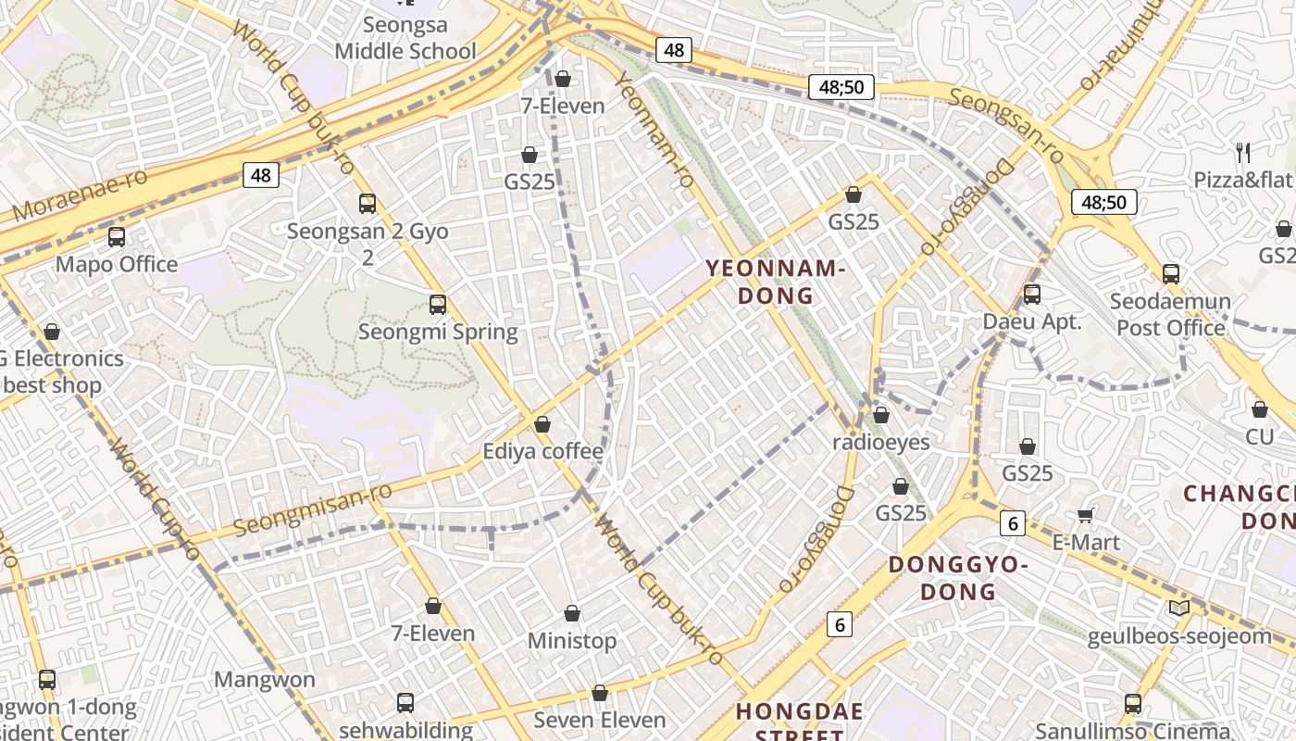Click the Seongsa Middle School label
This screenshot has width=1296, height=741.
click(x=405, y=38)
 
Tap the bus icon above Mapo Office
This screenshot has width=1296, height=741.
click(x=117, y=237)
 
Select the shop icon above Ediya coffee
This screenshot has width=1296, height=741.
click(x=542, y=425)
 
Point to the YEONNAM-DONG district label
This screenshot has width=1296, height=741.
click(x=775, y=283)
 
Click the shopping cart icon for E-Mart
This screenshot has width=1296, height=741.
click(x=1086, y=515)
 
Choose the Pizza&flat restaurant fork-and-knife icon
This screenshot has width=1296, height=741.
click(x=1243, y=152)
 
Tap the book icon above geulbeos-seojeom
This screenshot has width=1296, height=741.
click(x=1178, y=609)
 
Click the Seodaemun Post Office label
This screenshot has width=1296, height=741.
click(x=1171, y=315)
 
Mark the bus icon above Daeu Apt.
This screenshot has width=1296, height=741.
click(x=1032, y=295)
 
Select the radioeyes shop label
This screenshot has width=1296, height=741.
click(x=880, y=442)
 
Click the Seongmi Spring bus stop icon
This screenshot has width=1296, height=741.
click(x=438, y=304)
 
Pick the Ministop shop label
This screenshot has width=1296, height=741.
click(x=572, y=641)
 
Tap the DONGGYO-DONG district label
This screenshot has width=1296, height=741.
click(x=958, y=577)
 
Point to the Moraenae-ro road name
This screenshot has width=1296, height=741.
click(x=81, y=197)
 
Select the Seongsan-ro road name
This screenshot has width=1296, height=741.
click(x=1006, y=123)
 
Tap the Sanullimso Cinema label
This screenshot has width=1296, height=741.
click(x=1133, y=731)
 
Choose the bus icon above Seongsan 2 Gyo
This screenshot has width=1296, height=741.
click(x=368, y=204)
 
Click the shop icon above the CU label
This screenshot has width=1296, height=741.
click(x=1260, y=409)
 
